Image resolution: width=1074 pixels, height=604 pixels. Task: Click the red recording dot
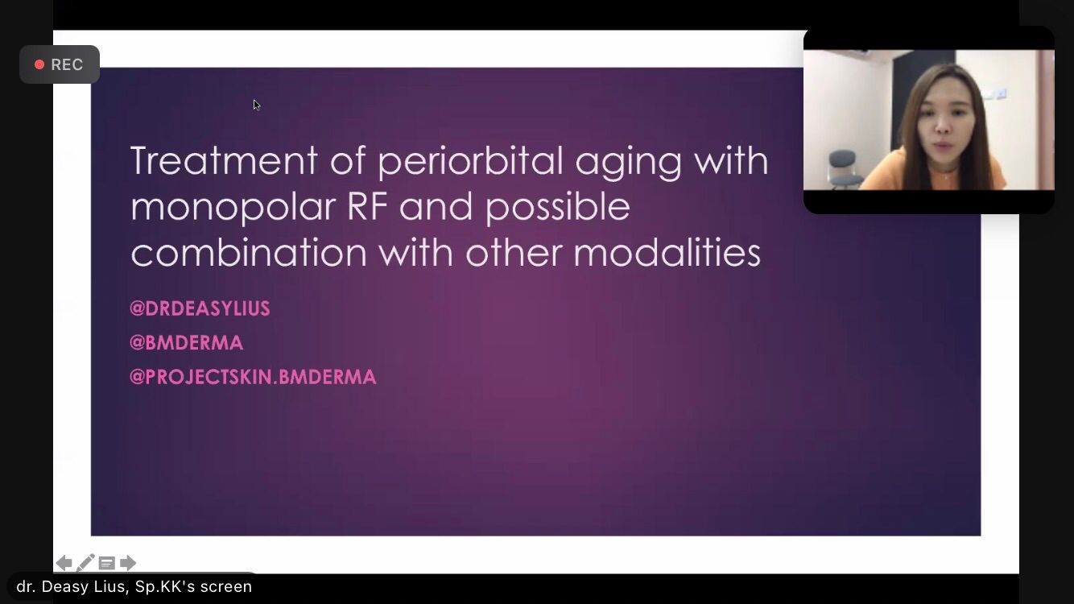[39, 64]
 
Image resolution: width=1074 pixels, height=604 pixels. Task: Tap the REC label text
[67, 64]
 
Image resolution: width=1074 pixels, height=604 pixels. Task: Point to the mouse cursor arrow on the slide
[257, 105]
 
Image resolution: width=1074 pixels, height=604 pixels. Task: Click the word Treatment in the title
[224, 160]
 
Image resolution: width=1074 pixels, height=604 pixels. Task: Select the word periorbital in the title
[470, 162]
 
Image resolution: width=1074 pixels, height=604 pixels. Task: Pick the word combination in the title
[249, 252]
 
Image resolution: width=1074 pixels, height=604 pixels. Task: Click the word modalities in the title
[667, 252]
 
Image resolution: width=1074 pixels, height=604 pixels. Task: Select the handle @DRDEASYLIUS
[200, 308]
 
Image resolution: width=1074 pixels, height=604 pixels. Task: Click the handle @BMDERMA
[187, 342]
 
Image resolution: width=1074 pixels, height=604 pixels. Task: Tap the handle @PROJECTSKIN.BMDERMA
[253, 377]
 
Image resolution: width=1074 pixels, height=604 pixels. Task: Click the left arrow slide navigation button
[64, 563]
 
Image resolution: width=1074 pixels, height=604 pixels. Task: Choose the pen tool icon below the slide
[85, 563]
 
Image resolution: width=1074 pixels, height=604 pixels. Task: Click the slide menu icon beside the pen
[106, 563]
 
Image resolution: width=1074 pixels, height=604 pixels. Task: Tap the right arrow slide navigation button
[127, 563]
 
